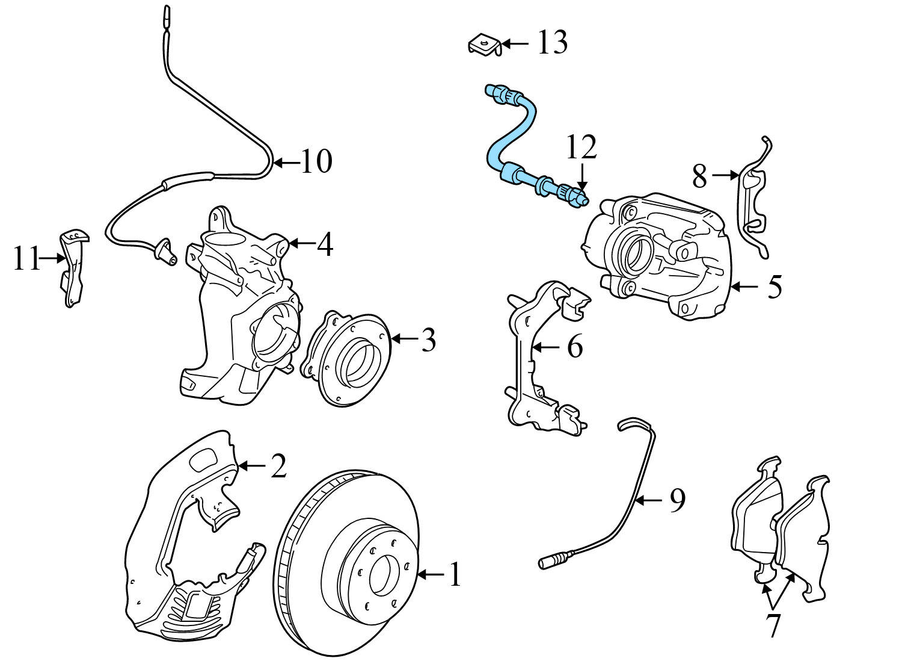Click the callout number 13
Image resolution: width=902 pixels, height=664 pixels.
552,43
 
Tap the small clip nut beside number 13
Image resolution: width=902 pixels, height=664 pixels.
484,45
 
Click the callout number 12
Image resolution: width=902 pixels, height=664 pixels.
581,147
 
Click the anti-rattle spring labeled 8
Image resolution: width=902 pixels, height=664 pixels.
755,199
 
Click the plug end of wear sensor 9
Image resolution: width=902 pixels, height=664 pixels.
548,563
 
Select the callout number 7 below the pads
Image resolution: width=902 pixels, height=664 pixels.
773,625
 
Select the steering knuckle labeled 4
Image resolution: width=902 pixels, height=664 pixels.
241,313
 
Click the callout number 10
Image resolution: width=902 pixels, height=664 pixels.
316,161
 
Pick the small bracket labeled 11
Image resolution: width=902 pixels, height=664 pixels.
73,268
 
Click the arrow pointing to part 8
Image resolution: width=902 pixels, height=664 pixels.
725,175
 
